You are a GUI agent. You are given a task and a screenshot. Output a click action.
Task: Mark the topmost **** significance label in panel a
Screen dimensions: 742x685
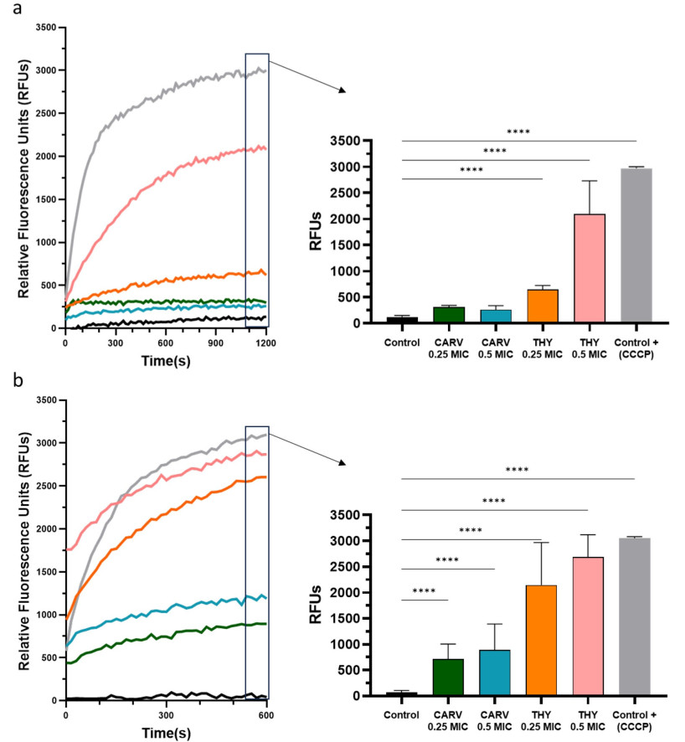(x=518, y=131)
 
